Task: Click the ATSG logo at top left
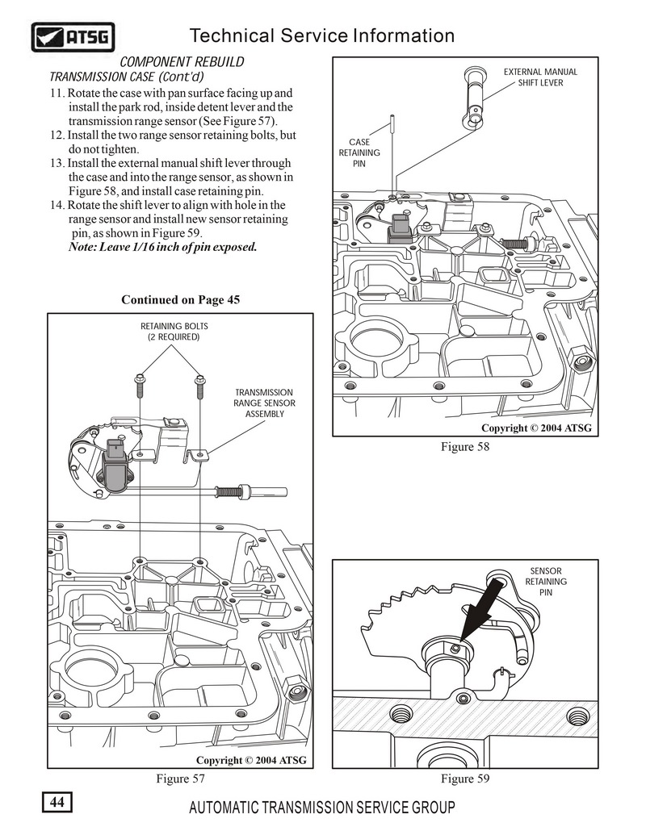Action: [x=73, y=36]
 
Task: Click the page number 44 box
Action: [x=57, y=803]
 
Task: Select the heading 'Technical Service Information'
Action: [x=321, y=35]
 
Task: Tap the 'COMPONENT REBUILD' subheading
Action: [x=182, y=62]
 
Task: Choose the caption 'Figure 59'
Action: [x=465, y=779]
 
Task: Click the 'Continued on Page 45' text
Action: [x=180, y=300]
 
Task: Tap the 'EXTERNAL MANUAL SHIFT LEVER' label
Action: [x=540, y=77]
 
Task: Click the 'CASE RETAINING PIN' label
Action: [x=359, y=152]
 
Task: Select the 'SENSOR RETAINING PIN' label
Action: [x=546, y=582]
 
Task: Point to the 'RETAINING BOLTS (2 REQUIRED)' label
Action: [x=170, y=331]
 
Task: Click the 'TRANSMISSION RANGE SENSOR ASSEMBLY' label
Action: [x=264, y=403]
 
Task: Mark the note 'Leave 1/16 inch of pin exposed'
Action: [x=162, y=247]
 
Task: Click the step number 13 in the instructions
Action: [x=57, y=163]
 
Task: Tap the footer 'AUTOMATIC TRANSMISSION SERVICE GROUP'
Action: [x=321, y=808]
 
